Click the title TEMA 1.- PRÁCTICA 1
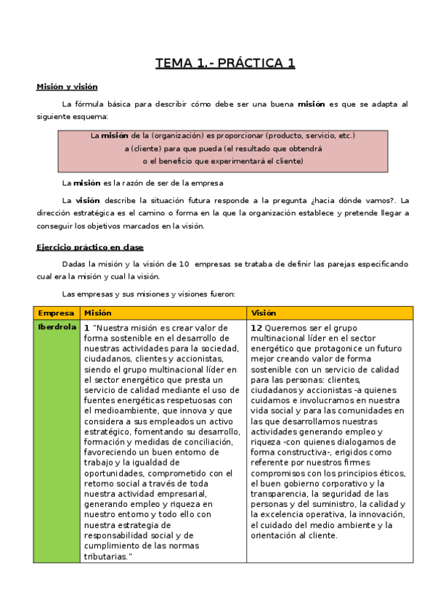tap(225, 63)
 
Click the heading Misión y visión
tap(67, 87)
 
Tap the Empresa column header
tap(56, 313)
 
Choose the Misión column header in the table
tap(98, 313)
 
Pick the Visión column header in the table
tap(264, 313)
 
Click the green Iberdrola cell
tap(57, 327)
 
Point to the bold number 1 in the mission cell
tap(86, 328)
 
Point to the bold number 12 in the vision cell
tap(256, 328)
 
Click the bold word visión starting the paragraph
tap(88, 201)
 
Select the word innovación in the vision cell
tap(367, 514)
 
